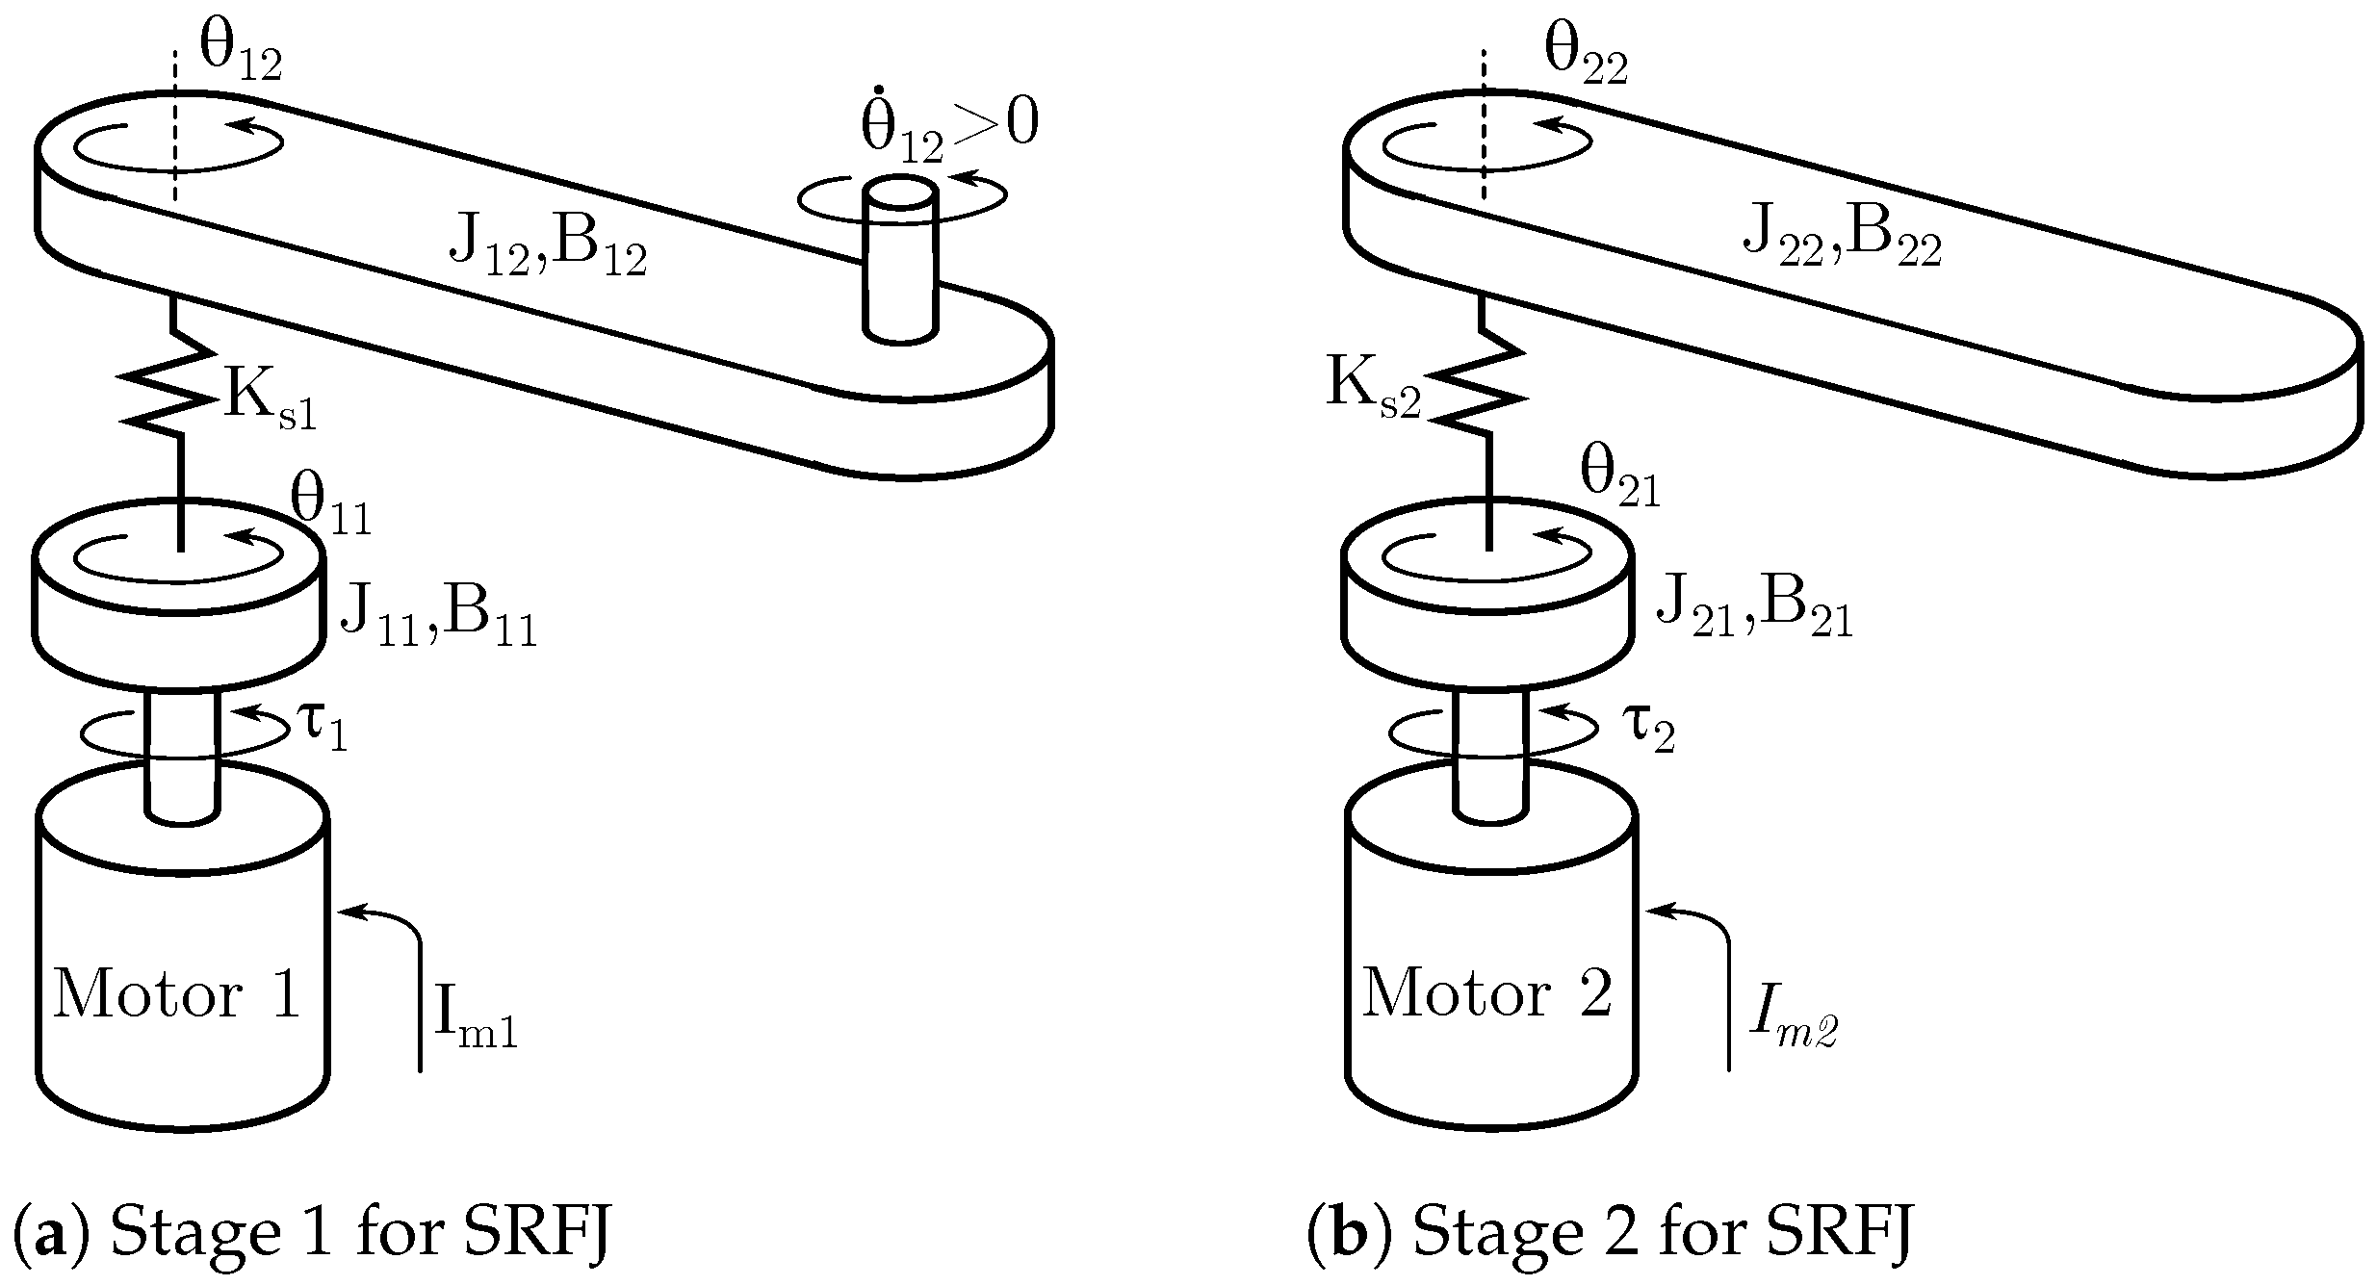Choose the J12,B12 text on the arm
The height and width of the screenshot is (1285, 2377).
[547, 251]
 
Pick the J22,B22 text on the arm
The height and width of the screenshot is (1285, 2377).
[1842, 241]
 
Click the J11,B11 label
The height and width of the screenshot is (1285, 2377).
[438, 617]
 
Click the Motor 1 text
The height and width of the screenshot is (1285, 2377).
[178, 994]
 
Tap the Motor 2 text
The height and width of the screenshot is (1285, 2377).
[1487, 992]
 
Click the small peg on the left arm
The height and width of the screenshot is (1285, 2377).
[900, 260]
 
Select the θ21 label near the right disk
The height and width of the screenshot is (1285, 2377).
[1620, 477]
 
